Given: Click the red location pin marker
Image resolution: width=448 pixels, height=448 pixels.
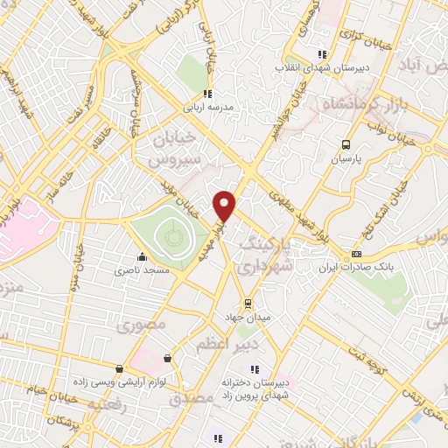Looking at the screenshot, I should click(225, 205).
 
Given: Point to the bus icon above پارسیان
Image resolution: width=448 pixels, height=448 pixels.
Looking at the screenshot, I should click(346, 145).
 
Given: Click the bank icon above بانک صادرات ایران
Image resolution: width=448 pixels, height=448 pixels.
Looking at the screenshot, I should click(356, 254).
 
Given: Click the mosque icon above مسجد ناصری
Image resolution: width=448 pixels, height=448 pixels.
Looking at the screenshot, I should click(142, 257).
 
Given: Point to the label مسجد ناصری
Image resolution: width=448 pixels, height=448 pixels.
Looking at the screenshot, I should click(142, 272).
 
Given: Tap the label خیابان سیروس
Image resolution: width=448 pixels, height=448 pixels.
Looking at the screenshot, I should click(168, 150).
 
